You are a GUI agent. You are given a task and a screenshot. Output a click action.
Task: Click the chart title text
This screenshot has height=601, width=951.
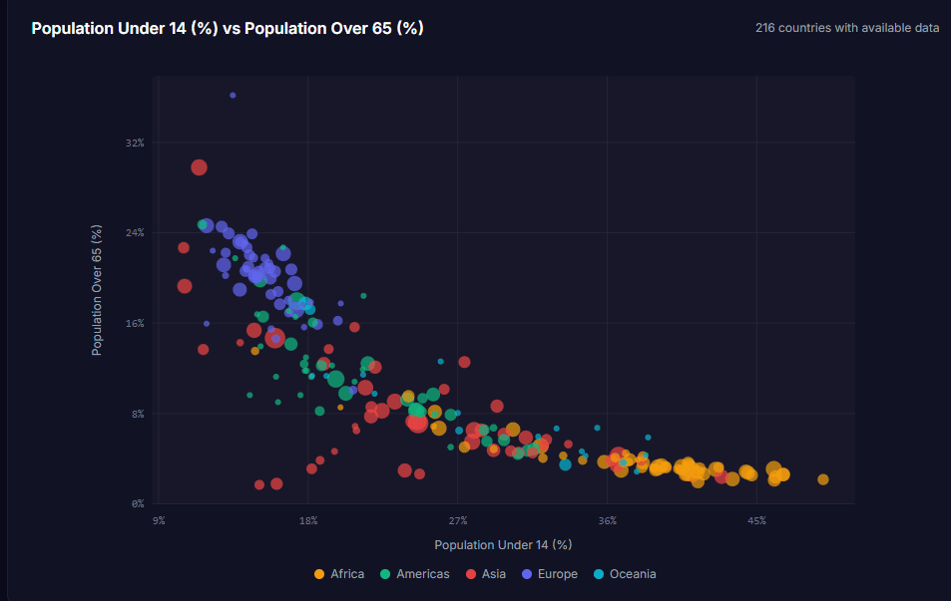[x=228, y=29]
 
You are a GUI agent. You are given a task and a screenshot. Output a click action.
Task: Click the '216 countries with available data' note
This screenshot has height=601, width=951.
[x=847, y=28]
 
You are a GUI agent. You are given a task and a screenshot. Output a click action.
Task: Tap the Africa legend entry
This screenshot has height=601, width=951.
[x=339, y=574]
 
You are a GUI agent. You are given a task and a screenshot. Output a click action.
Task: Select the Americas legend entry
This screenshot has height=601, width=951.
[x=415, y=574]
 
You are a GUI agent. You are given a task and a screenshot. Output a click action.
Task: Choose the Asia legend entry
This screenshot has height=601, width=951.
[x=486, y=574]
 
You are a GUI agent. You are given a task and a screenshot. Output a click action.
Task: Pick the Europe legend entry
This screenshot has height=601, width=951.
[x=550, y=574]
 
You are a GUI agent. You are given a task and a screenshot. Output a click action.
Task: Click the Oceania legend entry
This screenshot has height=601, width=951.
[x=625, y=574]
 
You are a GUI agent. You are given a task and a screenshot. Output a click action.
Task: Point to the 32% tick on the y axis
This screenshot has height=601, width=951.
[x=135, y=143]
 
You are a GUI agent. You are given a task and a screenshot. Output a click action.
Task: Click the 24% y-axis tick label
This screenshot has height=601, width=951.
[x=135, y=233]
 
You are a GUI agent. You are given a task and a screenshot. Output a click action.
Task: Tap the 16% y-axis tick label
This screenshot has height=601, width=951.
[x=135, y=324]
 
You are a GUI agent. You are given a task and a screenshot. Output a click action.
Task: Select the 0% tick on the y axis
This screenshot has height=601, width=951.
[x=138, y=504]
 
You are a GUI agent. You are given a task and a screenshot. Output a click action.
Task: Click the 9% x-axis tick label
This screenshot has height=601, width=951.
[x=159, y=521]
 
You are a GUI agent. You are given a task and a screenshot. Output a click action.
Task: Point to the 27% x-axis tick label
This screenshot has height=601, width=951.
[x=458, y=521]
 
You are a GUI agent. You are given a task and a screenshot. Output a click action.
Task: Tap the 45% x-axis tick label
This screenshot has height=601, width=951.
[x=757, y=521]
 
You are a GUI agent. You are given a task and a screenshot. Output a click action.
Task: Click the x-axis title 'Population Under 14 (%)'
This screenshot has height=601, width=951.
[x=503, y=544]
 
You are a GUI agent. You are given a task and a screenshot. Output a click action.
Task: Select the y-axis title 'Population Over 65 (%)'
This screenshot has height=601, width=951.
[x=97, y=290]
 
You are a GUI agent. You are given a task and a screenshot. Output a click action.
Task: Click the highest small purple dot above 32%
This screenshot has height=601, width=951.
[x=233, y=96]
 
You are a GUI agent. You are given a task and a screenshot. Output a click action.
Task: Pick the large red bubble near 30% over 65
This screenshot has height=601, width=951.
[x=199, y=167]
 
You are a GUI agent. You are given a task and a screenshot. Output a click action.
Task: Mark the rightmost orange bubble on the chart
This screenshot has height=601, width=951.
[x=823, y=479]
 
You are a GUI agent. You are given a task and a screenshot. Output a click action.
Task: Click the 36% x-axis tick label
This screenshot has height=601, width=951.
[x=607, y=521]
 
